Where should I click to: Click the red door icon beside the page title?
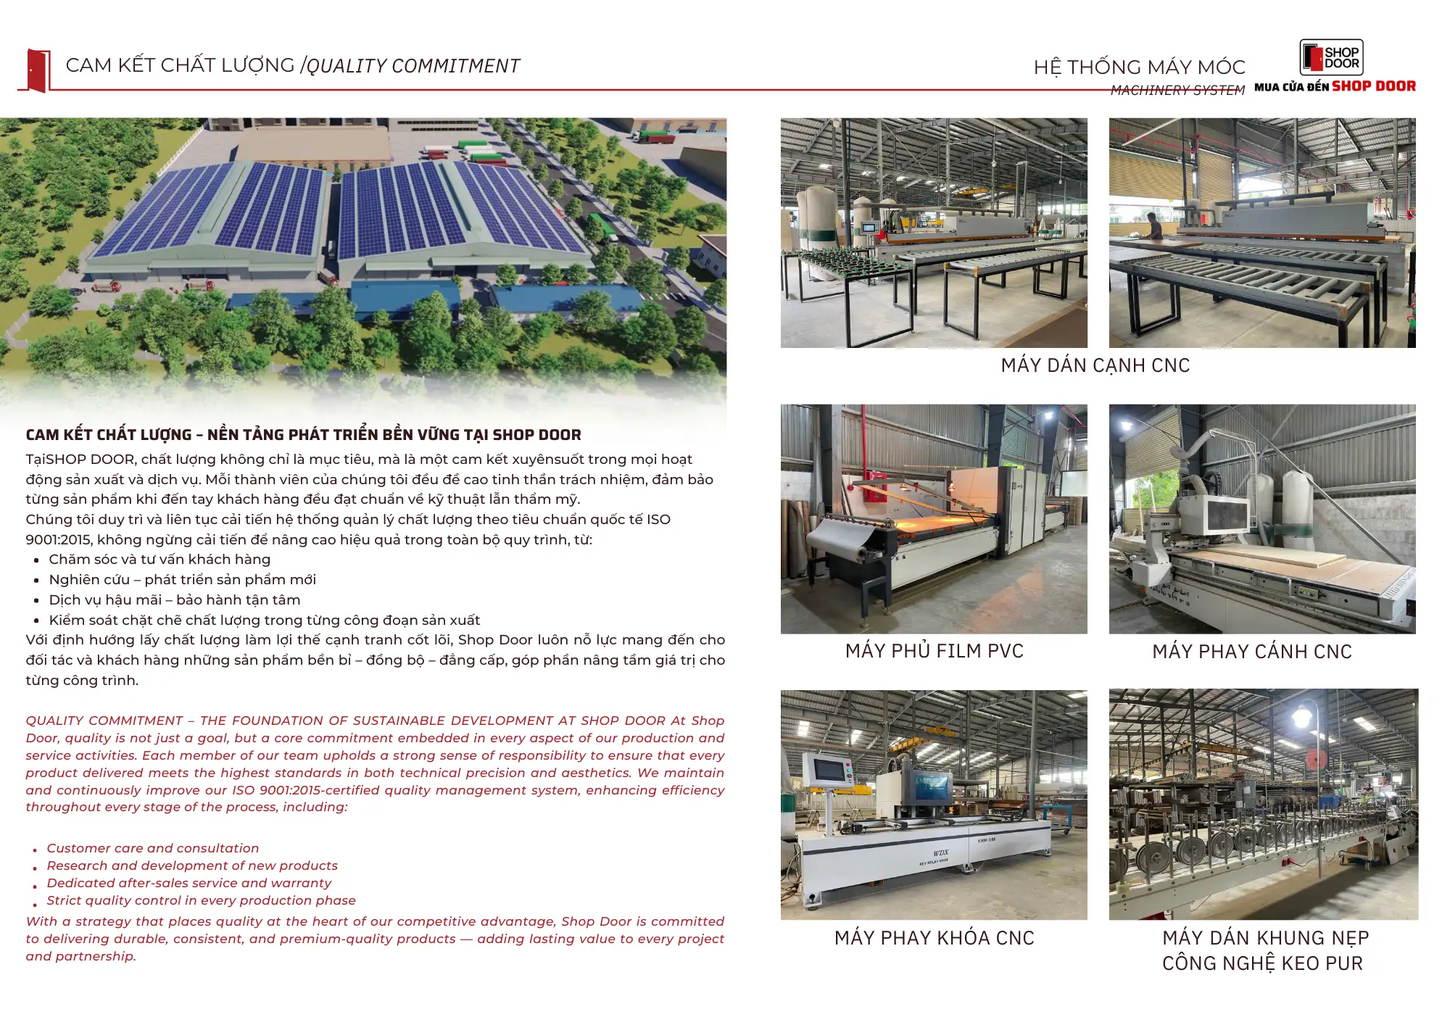point(37,70)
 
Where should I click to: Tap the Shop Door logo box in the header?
point(1331,57)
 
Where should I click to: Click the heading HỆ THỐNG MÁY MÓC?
point(1139,67)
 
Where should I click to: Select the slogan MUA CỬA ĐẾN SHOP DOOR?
point(1335,86)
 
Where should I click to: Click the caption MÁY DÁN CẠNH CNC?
point(1095,365)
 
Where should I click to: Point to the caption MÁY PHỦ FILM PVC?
point(934,651)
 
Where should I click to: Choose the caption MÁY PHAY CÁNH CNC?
point(1252,652)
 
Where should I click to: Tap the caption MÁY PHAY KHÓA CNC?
point(934,938)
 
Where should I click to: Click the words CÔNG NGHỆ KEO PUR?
point(1262,963)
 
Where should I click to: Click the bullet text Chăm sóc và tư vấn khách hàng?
point(159,560)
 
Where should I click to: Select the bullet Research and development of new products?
point(192,866)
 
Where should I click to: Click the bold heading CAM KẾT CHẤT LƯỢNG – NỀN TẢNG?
point(303,435)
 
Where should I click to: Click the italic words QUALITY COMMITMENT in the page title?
point(413,66)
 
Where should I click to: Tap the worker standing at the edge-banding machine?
point(1153,226)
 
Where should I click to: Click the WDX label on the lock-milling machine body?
point(940,853)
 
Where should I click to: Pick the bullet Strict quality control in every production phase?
point(201,900)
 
